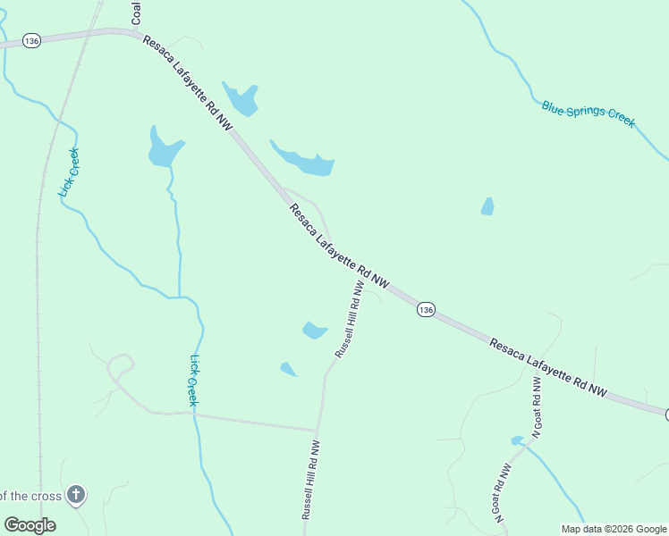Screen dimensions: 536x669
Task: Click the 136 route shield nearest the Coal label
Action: pyautogui.click(x=32, y=41)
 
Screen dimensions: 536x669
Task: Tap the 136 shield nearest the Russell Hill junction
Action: pyautogui.click(x=426, y=309)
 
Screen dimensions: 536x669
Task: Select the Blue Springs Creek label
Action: pyautogui.click(x=588, y=113)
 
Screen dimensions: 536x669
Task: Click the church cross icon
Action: pyautogui.click(x=77, y=494)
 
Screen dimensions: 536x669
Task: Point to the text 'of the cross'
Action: pyautogui.click(x=30, y=496)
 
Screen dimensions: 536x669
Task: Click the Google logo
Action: pyautogui.click(x=30, y=525)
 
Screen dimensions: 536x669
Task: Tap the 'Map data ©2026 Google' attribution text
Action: pyautogui.click(x=614, y=529)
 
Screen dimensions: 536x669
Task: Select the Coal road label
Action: pyautogui.click(x=136, y=12)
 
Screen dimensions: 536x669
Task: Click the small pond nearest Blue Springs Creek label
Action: pyautogui.click(x=487, y=206)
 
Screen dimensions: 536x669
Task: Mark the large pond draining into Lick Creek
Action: pyautogui.click(x=164, y=148)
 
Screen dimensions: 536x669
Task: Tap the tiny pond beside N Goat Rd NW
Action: pyautogui.click(x=517, y=440)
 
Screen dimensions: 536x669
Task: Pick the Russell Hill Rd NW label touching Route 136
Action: pyautogui.click(x=348, y=321)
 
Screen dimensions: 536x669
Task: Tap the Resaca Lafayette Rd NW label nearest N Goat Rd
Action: pyautogui.click(x=547, y=366)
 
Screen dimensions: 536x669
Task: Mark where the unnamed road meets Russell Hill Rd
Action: pyautogui.click(x=318, y=431)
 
